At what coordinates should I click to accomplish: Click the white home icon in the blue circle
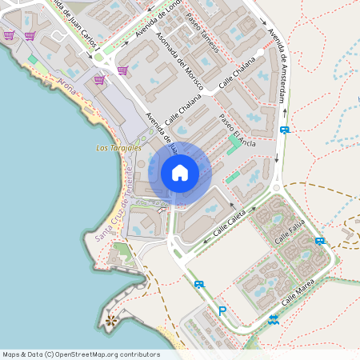180,172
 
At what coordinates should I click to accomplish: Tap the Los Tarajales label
118,148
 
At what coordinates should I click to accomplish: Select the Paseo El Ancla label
238,130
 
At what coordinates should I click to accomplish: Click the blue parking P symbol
222,311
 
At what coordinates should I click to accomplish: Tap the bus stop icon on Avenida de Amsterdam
284,130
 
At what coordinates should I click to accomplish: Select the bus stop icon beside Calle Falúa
319,241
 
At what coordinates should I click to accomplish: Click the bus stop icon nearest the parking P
199,284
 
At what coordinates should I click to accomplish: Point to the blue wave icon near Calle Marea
274,319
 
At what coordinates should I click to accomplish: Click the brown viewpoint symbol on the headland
110,321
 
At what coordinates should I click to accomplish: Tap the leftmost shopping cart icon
9,35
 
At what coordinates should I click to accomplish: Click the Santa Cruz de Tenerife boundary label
110,208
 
